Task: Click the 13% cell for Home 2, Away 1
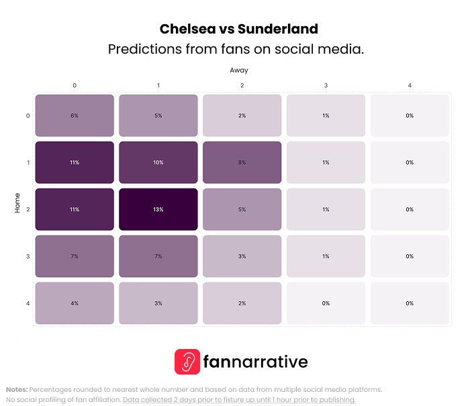click(158, 209)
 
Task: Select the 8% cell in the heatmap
click(242, 162)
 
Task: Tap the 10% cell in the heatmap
click(158, 162)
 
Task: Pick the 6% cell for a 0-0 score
click(75, 115)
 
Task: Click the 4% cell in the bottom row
click(75, 303)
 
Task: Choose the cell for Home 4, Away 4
click(410, 303)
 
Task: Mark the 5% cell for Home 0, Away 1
click(158, 115)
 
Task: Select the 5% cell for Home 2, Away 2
click(242, 209)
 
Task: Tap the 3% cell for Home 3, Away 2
click(242, 256)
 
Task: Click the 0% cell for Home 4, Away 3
click(326, 303)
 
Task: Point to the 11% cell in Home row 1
click(75, 162)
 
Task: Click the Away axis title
click(238, 70)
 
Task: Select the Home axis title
click(17, 203)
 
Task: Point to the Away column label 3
click(326, 86)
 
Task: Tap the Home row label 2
click(28, 209)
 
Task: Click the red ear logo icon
click(187, 362)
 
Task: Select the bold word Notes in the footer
click(17, 389)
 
